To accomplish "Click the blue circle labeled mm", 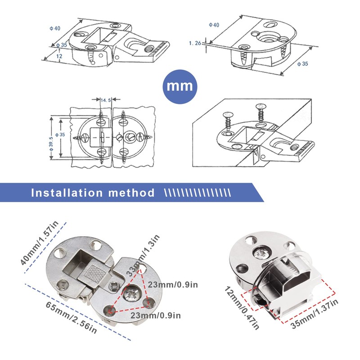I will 180,85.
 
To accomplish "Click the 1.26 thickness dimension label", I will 195,43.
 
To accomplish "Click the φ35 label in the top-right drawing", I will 302,64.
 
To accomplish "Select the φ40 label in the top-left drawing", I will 54,27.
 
